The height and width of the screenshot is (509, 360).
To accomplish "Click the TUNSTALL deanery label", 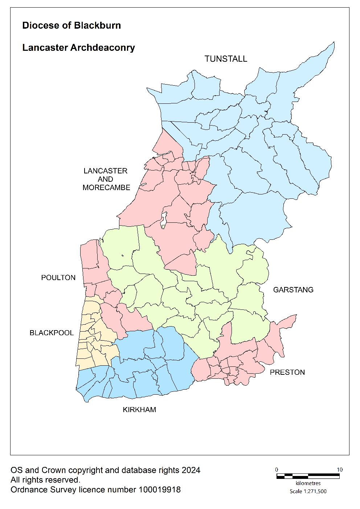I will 226,59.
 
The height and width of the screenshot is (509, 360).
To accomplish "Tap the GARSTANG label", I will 293,290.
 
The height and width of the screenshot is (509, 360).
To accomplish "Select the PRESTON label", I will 287,372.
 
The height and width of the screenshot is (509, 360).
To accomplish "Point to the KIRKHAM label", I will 139,410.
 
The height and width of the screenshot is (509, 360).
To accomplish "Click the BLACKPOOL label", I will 52,333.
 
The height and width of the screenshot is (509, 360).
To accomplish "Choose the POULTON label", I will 58,278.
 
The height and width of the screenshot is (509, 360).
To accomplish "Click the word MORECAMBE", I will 106,188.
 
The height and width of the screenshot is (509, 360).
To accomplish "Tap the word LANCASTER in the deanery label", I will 105,171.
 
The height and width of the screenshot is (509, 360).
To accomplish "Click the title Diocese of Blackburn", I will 71,25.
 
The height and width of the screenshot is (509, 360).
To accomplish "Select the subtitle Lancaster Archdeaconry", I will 78,48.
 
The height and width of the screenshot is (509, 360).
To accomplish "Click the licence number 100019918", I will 159,490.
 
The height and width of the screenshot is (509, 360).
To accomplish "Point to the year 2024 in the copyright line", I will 191,470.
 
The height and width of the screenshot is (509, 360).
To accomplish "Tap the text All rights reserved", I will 45,480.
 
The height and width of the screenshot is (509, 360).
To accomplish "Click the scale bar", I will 308,476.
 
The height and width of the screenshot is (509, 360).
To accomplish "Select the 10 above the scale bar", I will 339,469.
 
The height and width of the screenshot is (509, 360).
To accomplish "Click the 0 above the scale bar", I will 277,469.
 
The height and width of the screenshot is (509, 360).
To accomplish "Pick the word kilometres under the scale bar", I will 308,483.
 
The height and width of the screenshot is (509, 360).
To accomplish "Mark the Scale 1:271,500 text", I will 308,491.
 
